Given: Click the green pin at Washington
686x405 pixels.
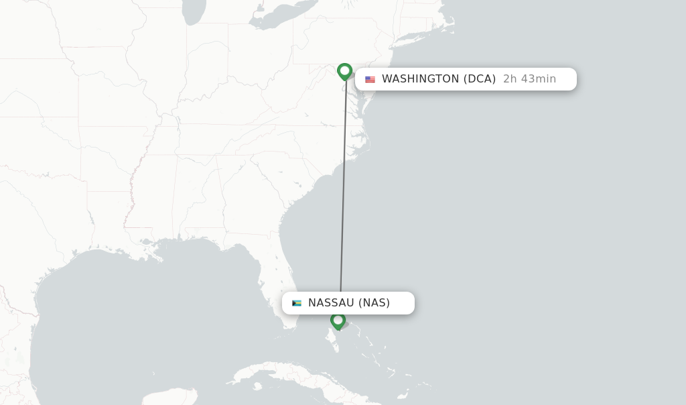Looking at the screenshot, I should coord(344,70).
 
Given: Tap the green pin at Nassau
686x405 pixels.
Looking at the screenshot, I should coord(338,321).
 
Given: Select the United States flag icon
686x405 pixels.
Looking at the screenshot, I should coord(370,79).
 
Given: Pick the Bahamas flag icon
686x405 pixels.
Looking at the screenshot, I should coord(297,303).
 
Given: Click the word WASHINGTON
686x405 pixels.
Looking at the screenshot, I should coord(420,79).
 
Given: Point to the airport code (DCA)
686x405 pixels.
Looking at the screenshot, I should coord(480,79).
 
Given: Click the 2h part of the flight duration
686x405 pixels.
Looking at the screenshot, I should coord(510,79).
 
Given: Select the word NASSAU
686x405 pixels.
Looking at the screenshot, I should coord(331,303).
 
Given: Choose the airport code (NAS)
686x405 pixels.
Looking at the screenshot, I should coord(374,303).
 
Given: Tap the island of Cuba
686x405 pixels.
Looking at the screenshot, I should coord(295,375).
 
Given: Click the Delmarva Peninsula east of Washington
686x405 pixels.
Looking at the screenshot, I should coord(365,101).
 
